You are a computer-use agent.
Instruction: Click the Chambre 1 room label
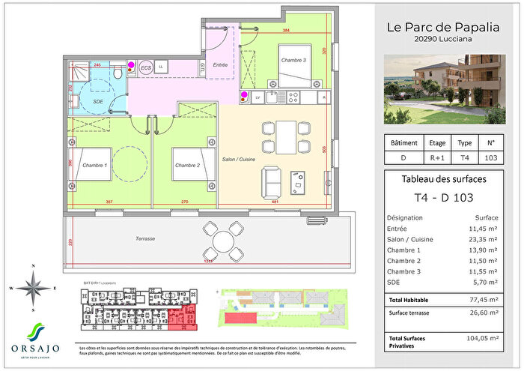point(95,166)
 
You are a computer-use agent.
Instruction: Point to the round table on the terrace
point(222,241)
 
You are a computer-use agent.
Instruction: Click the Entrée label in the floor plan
point(220,65)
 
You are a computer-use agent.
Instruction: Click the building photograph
point(448,90)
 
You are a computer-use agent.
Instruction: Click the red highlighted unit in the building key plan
point(179,317)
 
